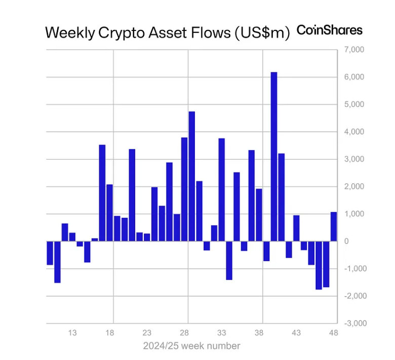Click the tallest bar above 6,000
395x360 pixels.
tap(274, 156)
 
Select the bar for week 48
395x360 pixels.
tap(334, 226)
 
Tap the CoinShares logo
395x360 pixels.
tap(330, 30)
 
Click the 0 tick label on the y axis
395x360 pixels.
tap(346, 241)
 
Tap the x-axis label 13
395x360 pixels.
tap(72, 333)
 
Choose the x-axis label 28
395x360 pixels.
tap(184, 333)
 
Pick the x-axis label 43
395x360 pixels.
tap(296, 333)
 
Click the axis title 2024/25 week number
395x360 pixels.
tap(191, 346)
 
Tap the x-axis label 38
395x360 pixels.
tap(259, 333)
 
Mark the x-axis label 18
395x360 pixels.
tap(110, 333)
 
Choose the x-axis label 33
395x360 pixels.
tap(221, 333)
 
